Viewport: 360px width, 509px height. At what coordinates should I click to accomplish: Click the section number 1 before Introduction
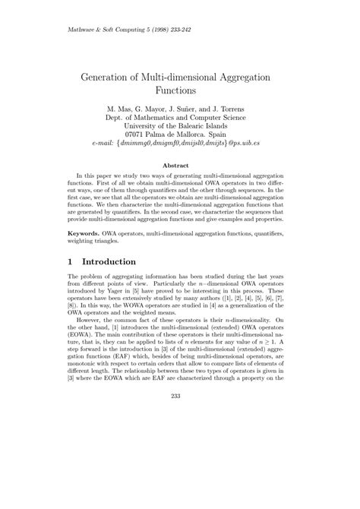[x=71, y=261]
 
